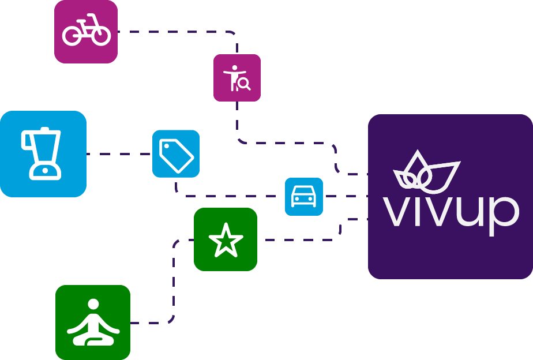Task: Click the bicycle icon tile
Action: coord(86,32)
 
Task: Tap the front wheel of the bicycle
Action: coord(101,35)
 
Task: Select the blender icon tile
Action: coord(43,153)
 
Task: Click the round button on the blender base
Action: coord(45,171)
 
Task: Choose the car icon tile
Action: coord(304,197)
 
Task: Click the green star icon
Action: coord(226,240)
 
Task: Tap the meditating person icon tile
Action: coord(93,322)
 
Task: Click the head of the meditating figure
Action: coord(93,304)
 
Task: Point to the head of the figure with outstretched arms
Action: coord(235,67)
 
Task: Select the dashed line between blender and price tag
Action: coord(119,154)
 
